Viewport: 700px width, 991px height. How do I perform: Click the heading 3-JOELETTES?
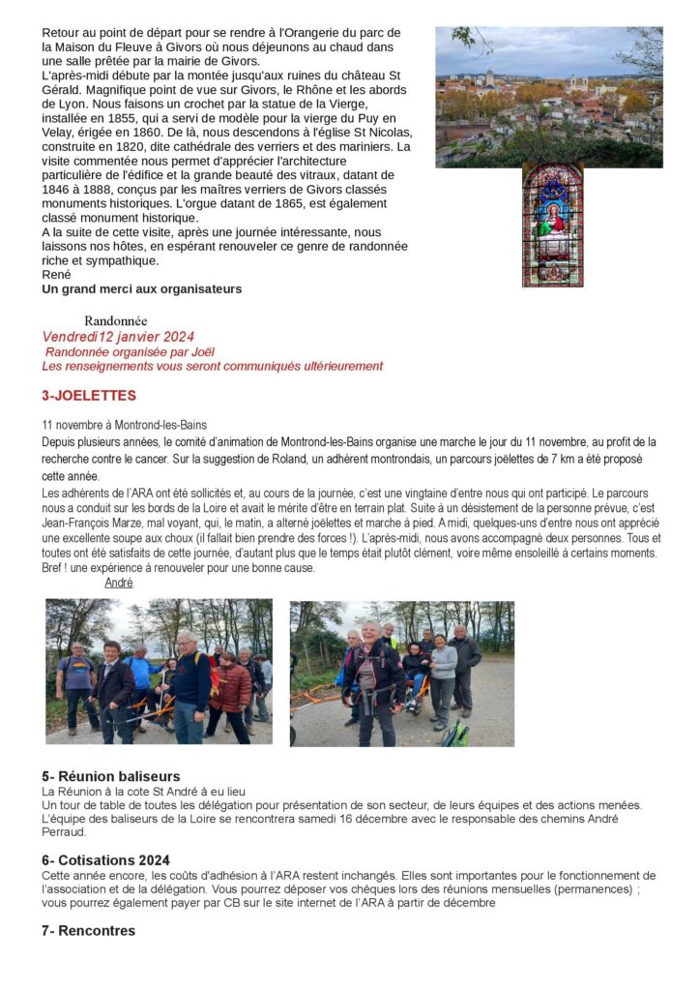[89, 396]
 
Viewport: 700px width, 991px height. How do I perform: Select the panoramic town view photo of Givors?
[548, 97]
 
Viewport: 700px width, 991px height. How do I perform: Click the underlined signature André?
[118, 583]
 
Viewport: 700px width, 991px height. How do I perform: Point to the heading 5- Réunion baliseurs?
[110, 776]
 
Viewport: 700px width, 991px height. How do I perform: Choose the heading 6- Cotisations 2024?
[105, 860]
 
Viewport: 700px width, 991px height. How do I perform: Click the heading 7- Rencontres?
[88, 931]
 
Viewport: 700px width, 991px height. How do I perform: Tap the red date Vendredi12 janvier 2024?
[118, 337]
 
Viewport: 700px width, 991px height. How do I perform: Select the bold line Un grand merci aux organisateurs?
[141, 288]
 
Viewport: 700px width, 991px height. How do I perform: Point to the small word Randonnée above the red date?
[116, 320]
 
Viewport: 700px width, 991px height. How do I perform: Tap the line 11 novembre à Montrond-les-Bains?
[124, 425]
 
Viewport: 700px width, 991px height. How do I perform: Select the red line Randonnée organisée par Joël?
[130, 351]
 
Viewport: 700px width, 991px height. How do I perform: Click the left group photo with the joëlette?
[159, 671]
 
